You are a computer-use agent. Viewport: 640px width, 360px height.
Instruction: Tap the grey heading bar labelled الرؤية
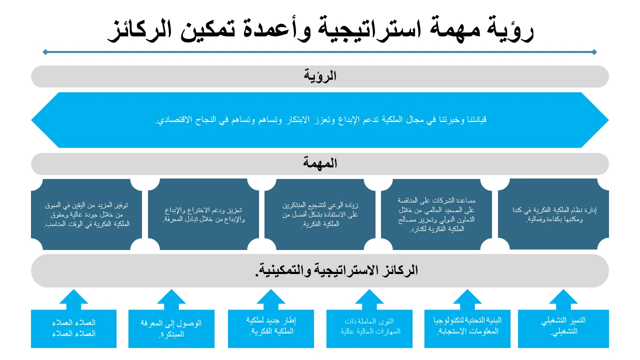click(320, 76)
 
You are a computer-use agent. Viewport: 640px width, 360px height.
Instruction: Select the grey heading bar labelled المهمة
click(320, 163)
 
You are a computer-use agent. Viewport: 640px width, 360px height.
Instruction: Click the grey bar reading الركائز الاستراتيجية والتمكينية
click(320, 270)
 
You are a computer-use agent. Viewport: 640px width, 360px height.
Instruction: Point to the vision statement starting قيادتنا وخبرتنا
click(320, 120)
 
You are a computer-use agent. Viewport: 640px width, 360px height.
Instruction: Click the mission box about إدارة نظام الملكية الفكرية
click(553, 214)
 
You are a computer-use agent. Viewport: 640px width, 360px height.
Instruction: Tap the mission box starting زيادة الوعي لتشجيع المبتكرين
click(320, 214)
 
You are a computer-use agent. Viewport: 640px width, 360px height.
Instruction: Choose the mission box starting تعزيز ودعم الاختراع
click(203, 214)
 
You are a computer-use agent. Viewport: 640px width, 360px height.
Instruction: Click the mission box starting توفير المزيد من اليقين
click(87, 214)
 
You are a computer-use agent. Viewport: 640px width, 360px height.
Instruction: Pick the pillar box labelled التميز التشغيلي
click(563, 328)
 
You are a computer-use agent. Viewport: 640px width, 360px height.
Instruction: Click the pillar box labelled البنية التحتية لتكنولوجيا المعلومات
click(467, 328)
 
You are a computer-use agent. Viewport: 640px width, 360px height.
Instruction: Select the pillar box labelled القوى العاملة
click(369, 328)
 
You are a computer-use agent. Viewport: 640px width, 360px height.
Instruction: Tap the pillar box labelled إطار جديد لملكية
click(271, 328)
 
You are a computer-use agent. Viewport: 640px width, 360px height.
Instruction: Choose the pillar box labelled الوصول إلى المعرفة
click(171, 328)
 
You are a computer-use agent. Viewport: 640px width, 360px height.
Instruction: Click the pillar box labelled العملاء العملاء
click(73, 328)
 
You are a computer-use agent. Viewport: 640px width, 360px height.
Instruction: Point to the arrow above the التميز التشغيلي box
click(563, 299)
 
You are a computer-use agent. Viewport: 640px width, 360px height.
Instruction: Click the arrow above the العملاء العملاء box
click(73, 299)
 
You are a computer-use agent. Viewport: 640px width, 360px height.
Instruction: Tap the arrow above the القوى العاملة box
click(369, 299)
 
